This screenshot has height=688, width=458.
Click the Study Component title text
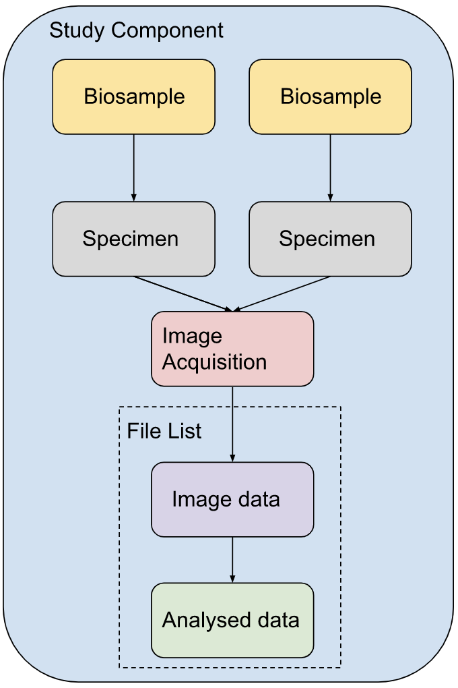coord(137,30)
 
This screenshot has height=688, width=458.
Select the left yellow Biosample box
coord(133,96)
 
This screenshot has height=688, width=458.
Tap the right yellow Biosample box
coord(330,96)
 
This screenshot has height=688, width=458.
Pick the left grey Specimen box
coord(133,239)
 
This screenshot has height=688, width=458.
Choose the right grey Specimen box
coord(330,239)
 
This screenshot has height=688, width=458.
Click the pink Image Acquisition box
coord(232,349)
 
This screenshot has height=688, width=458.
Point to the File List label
coord(164,431)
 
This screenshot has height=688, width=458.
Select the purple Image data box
coord(232,499)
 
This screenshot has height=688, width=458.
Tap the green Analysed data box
coord(232,620)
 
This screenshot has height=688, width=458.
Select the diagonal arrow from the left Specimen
coord(183,293)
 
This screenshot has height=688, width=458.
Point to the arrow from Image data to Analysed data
coord(232,559)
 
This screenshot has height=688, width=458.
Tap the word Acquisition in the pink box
coord(215,362)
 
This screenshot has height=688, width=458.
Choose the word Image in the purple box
coord(200,499)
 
